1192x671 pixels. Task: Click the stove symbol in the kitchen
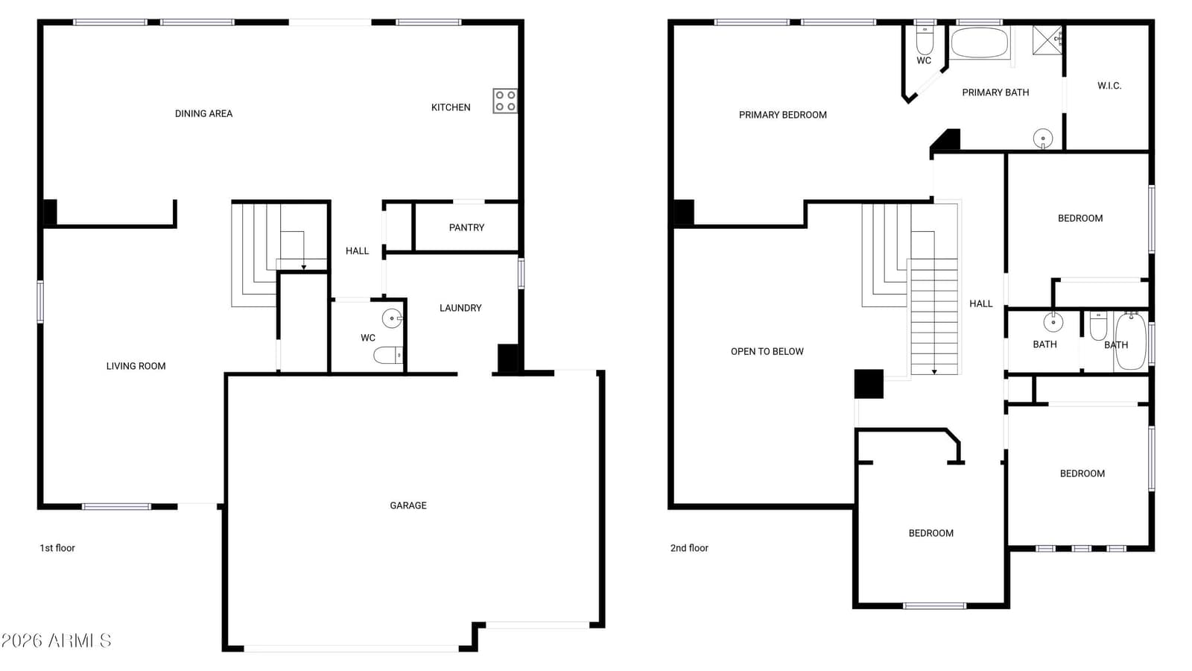505,101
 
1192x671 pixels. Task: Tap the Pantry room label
466,227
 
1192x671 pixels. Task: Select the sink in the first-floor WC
392,318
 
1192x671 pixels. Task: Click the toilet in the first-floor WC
388,355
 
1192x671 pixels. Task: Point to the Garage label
408,505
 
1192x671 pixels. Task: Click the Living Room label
136,366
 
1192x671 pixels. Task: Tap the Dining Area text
204,113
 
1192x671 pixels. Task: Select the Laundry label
460,308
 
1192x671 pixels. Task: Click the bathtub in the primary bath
980,42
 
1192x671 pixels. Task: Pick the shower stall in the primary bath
1047,40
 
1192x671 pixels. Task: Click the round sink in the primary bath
1043,139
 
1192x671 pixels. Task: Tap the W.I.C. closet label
1109,86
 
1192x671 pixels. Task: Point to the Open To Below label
767,351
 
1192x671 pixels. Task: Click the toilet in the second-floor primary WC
925,40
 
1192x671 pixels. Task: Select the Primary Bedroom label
783,115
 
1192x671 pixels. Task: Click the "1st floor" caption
57,548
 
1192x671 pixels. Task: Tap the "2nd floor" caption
689,548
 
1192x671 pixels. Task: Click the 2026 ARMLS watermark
57,640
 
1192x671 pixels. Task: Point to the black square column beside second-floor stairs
869,384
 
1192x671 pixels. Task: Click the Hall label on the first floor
357,251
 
